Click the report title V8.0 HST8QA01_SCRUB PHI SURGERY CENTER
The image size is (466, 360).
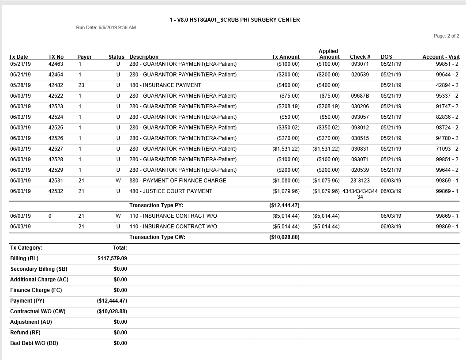click(234, 20)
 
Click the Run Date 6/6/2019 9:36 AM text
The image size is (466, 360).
click(106, 27)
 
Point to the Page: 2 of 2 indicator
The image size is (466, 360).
click(446, 36)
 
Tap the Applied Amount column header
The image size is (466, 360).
click(329, 54)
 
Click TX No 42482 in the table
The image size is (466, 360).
click(56, 85)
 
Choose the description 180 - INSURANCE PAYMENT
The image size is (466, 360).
click(165, 85)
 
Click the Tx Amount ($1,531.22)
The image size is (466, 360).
click(286, 149)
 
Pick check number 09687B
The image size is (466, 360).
click(360, 96)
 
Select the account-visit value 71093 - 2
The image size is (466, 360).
click(447, 149)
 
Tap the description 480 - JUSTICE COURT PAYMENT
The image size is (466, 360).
click(170, 191)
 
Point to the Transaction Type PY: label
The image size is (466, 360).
click(156, 205)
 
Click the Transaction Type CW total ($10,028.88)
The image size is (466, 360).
click(284, 237)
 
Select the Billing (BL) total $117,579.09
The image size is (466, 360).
click(112, 258)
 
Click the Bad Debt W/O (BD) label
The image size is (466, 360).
click(34, 343)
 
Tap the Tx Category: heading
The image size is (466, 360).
click(26, 248)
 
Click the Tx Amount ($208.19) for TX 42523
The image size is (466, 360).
click(288, 106)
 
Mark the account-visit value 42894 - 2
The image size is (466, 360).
click(447, 85)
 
